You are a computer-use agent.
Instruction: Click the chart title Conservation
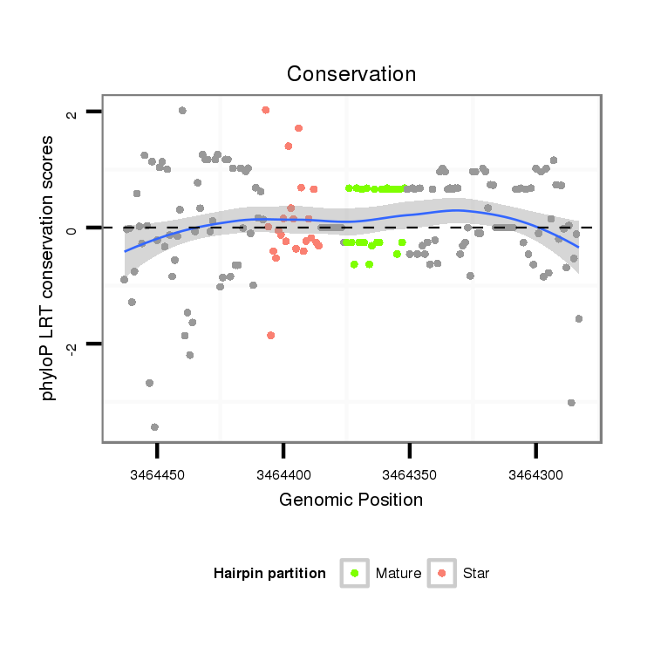(x=351, y=74)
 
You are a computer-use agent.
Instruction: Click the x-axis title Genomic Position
(x=351, y=500)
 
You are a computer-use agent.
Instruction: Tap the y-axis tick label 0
(x=72, y=228)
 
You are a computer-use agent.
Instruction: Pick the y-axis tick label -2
(x=72, y=346)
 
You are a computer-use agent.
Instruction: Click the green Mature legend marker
(x=354, y=573)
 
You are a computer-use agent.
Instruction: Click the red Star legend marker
(x=442, y=573)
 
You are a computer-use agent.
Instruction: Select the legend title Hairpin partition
(x=269, y=574)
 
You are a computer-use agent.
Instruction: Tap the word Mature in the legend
(x=399, y=574)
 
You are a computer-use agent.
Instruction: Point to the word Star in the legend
(x=476, y=574)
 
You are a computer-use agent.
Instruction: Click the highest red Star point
(x=265, y=110)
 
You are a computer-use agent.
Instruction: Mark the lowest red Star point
(x=271, y=335)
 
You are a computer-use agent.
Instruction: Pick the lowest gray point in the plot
(x=154, y=426)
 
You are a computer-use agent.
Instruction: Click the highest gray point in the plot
(x=182, y=110)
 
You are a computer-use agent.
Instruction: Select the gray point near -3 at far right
(x=571, y=402)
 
